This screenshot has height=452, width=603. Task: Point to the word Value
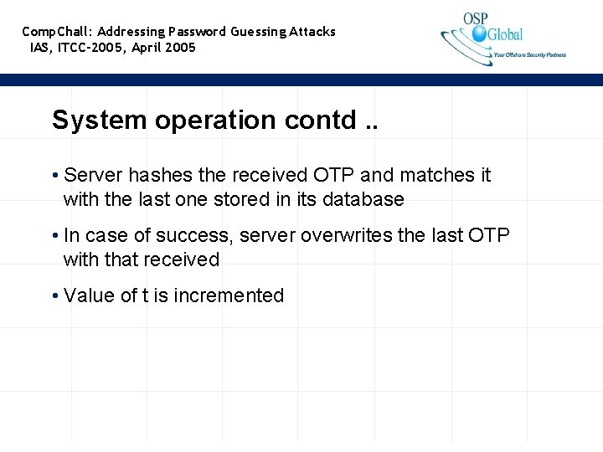(x=89, y=295)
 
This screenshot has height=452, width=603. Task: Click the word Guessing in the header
(x=258, y=32)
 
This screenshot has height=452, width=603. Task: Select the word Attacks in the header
(x=312, y=32)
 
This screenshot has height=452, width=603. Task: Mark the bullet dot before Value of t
(x=54, y=295)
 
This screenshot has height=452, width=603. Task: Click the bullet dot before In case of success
(x=54, y=236)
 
